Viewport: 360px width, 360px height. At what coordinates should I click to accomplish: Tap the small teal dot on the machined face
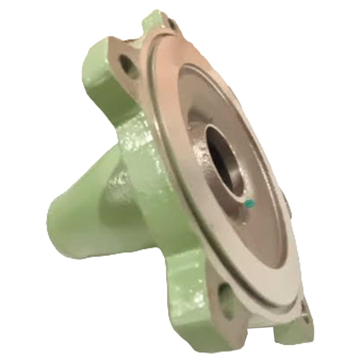click(x=249, y=204)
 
